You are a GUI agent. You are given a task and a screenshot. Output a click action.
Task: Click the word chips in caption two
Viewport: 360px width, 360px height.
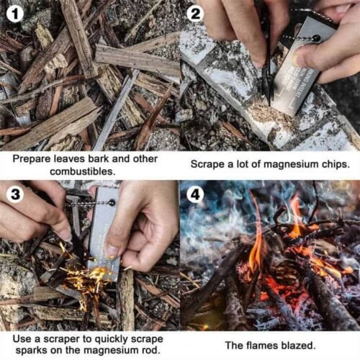coord(332,163)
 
